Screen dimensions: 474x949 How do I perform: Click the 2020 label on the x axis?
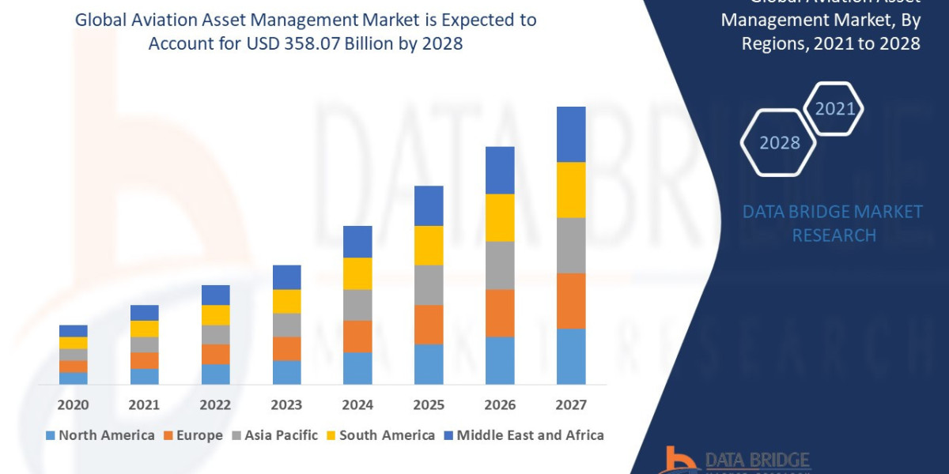point(73,405)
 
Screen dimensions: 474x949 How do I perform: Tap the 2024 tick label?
point(357,405)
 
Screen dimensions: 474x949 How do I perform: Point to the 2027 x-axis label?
point(571,405)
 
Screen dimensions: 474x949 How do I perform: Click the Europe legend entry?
point(194,435)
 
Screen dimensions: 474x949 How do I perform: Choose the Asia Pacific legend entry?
point(274,435)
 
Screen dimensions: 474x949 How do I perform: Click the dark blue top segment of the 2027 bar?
point(571,134)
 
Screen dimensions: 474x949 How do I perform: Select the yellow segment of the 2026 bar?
point(500,217)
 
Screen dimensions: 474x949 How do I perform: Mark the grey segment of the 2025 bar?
point(429,284)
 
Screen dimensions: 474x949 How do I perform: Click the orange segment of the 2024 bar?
point(357,336)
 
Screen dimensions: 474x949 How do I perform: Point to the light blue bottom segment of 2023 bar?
point(286,372)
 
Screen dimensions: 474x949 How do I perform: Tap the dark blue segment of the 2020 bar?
point(73,330)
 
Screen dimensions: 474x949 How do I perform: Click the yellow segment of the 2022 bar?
point(215,314)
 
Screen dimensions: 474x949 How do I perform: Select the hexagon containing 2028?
point(778,143)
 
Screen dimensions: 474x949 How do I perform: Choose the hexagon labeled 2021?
point(834,109)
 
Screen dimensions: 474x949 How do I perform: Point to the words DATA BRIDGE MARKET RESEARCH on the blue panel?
point(833,223)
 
